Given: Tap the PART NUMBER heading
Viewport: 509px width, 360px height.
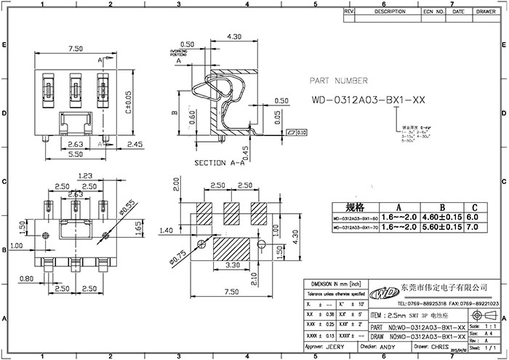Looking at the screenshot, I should point(339,81).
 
